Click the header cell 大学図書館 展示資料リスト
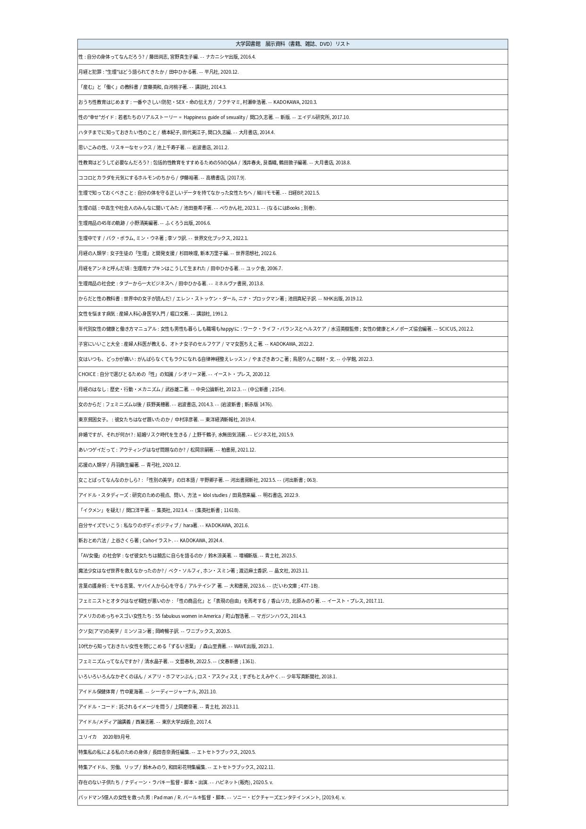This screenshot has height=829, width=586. coord(292,44)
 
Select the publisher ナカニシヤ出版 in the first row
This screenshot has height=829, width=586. coord(222,57)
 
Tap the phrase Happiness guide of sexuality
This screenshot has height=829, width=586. coord(214,117)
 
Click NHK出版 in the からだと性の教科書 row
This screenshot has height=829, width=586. coord(333,299)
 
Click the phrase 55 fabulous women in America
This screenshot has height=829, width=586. coord(187,616)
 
